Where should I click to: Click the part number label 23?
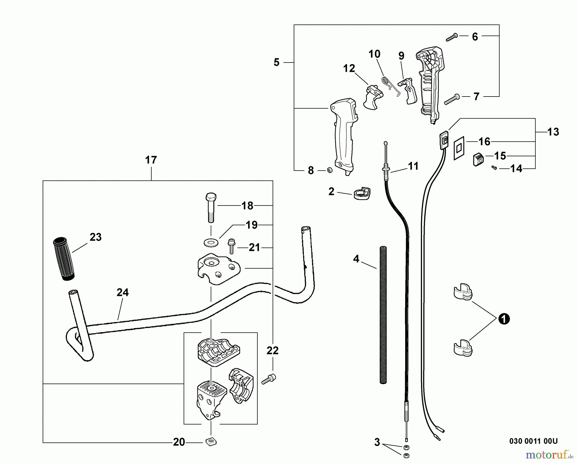click(96, 237)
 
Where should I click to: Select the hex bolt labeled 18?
click(210, 208)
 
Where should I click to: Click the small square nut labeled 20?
click(211, 442)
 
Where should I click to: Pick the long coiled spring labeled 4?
click(383, 315)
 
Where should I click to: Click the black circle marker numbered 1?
click(504, 319)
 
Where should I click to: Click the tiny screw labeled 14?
click(494, 167)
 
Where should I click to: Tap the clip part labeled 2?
click(361, 193)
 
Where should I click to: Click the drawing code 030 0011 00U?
click(533, 441)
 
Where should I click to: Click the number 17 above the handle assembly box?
click(151, 160)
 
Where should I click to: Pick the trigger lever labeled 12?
click(373, 97)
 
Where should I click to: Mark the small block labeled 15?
click(478, 159)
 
